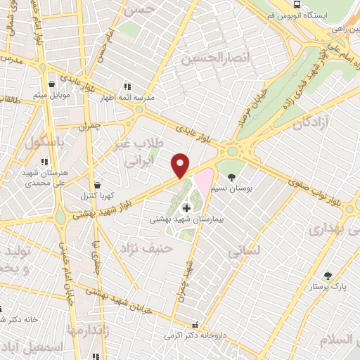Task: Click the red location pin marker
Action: tap(181, 165)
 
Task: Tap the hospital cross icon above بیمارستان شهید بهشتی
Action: tap(187, 207)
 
